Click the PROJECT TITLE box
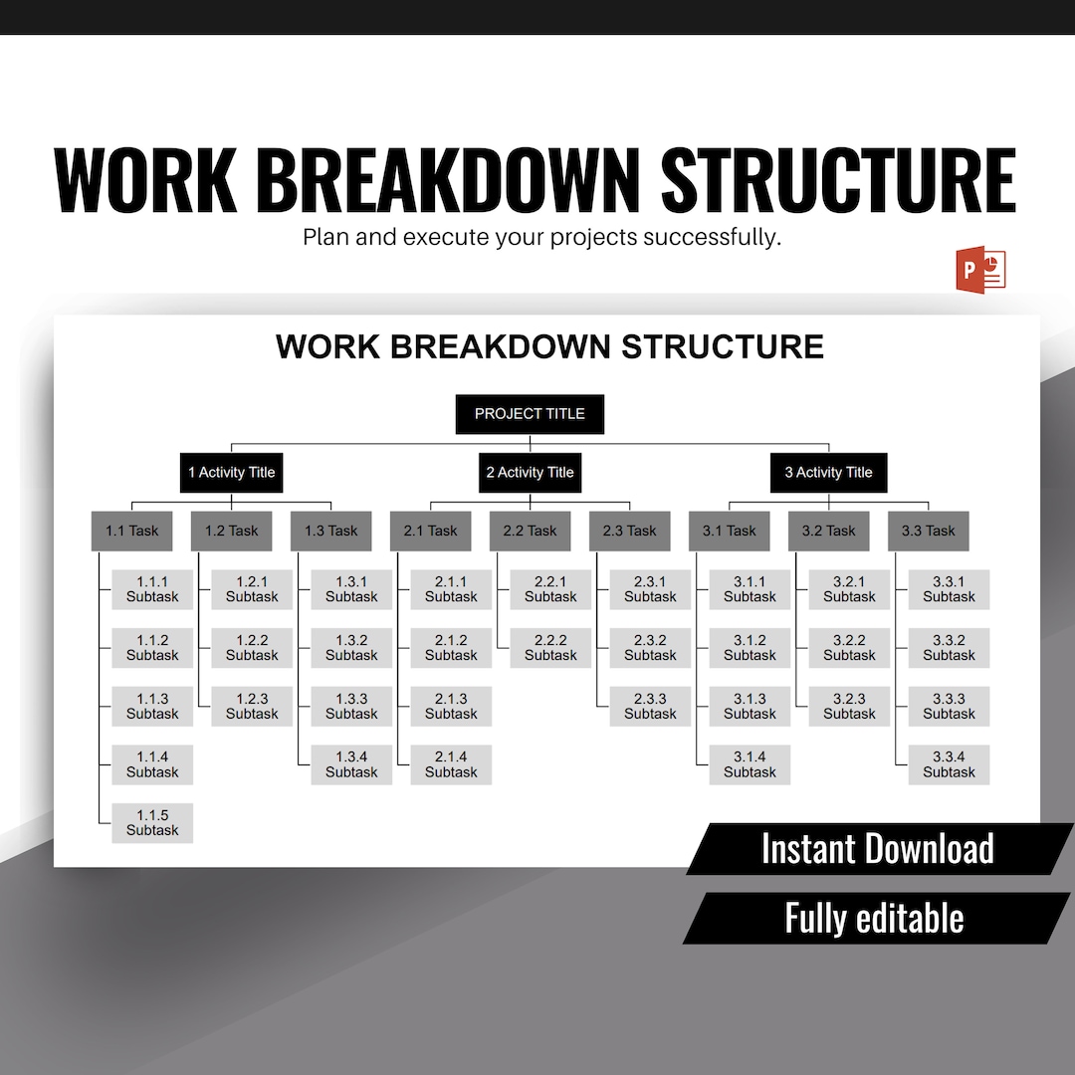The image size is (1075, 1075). [x=530, y=414]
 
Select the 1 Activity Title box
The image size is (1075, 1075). [x=232, y=473]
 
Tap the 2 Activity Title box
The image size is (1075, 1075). [x=530, y=473]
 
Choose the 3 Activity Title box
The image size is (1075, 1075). [x=828, y=473]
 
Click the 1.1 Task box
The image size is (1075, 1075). [x=132, y=532]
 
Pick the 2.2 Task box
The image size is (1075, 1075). [x=531, y=532]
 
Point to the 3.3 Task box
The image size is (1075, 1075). [x=929, y=532]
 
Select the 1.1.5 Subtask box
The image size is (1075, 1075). [x=152, y=823]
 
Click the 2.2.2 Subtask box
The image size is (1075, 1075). [x=550, y=648]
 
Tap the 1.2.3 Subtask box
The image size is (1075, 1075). [x=252, y=707]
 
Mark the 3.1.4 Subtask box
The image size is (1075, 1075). [x=750, y=764]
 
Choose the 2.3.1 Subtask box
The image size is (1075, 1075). [x=650, y=589]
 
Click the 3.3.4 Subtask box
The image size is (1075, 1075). [x=949, y=764]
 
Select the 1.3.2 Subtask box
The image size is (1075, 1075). [x=351, y=648]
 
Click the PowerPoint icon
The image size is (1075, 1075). [x=981, y=269]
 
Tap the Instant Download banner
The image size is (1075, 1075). [x=877, y=849]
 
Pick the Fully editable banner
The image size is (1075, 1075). [x=874, y=918]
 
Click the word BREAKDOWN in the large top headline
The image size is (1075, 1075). [x=448, y=180]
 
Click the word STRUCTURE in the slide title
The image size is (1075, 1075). [x=723, y=346]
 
